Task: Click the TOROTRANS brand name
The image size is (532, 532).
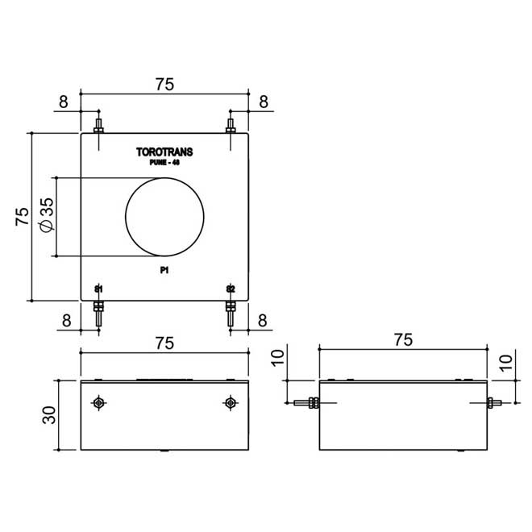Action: point(165,152)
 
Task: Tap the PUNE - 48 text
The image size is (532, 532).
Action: point(164,163)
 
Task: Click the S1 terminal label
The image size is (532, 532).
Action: point(98,289)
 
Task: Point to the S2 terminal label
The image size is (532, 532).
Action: point(231,289)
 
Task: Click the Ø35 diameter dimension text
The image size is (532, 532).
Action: point(46,215)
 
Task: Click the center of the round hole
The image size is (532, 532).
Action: point(164,216)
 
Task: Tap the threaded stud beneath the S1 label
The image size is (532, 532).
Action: point(98,314)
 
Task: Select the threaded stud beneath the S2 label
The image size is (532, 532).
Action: point(231,314)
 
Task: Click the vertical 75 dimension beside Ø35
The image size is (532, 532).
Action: point(22,215)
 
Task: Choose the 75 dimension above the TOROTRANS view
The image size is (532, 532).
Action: point(164,84)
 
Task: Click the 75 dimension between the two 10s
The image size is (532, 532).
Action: point(404,340)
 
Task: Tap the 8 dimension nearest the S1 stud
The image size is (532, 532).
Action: point(65,320)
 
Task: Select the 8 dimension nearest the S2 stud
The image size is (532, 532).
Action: point(263,320)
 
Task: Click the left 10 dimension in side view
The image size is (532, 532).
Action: point(278,359)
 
